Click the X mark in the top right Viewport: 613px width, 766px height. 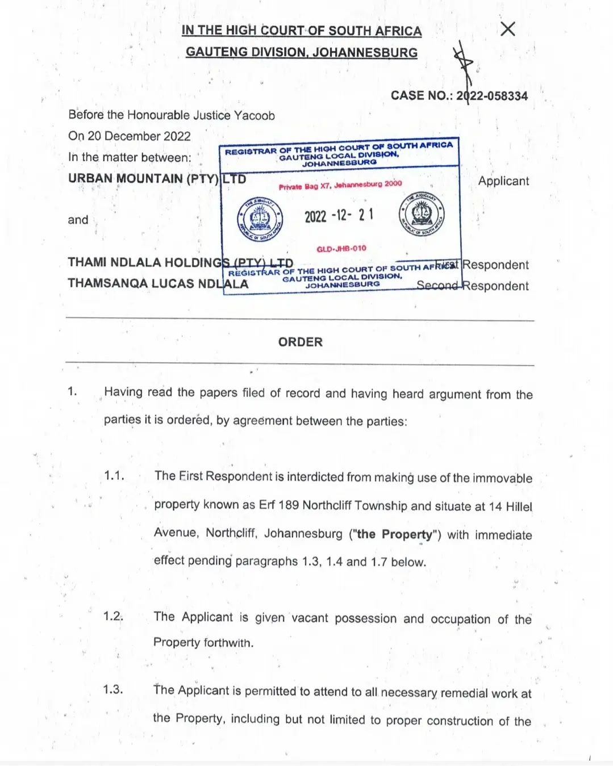507,29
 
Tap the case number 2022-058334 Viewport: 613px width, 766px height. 492,96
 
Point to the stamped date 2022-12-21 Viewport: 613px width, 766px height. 339,216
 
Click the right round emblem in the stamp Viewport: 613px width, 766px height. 421,215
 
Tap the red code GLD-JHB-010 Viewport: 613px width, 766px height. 341,249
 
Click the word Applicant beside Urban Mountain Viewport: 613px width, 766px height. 503,181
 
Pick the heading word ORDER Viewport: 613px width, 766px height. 301,342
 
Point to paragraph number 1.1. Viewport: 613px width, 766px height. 114,476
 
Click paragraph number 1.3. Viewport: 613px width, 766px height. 113,690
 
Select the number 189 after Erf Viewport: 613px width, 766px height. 289,505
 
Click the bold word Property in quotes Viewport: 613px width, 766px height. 407,535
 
